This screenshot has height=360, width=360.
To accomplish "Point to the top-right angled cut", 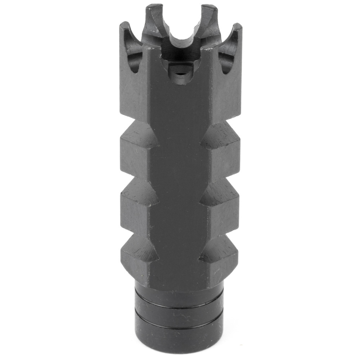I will pos(220,135).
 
